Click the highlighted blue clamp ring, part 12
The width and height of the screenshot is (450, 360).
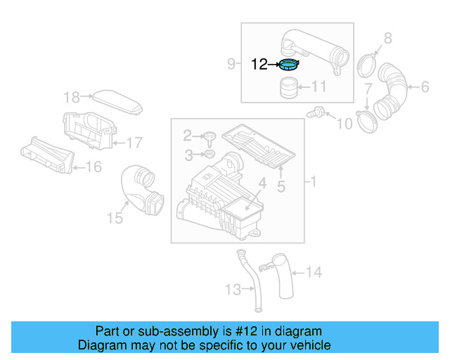click(289, 65)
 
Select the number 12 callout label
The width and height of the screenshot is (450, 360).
click(259, 65)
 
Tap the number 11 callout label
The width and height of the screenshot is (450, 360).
click(319, 88)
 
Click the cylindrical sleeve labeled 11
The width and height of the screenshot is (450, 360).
click(288, 89)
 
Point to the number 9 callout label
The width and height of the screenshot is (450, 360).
click(231, 65)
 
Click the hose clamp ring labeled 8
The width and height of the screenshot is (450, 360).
click(366, 65)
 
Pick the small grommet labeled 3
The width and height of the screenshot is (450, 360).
click(208, 154)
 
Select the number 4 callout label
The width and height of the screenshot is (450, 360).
click(262, 184)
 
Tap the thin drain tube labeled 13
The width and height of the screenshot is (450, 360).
click(248, 281)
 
